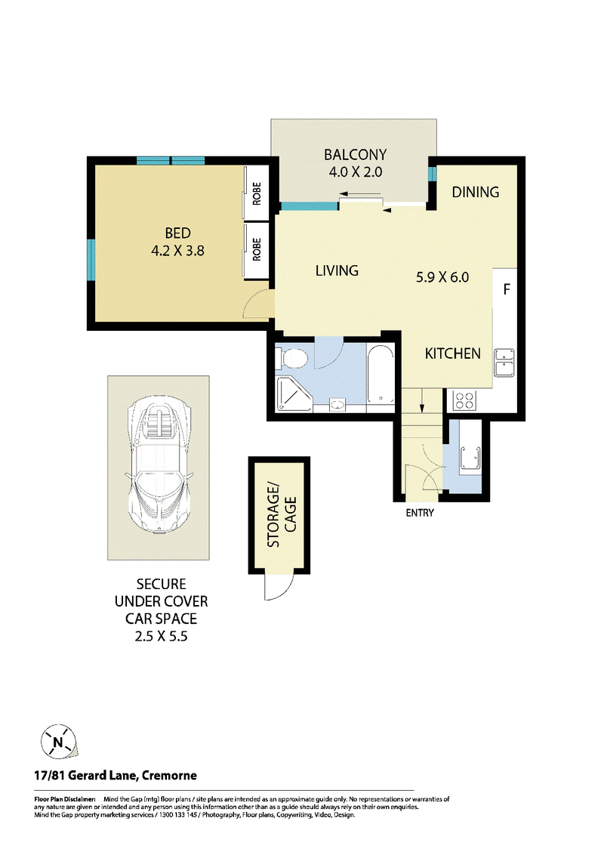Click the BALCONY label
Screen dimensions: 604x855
(x=355, y=154)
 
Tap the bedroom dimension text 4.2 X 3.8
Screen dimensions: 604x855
(x=177, y=251)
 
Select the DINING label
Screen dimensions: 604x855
(x=476, y=192)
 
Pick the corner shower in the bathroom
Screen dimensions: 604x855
(x=294, y=394)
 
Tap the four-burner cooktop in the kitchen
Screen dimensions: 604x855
(x=465, y=401)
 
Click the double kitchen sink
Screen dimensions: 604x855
(x=504, y=363)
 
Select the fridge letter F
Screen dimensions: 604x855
(x=507, y=289)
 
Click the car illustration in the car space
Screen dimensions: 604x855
(x=158, y=467)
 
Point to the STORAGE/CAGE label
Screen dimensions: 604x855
(x=282, y=515)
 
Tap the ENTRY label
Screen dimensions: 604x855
(x=420, y=513)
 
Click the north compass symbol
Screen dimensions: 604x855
(x=58, y=742)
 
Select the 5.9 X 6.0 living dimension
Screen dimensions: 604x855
(x=442, y=277)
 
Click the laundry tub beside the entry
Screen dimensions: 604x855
(x=470, y=458)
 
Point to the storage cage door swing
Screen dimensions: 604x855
(x=279, y=587)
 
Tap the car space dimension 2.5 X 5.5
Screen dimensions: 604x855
(x=162, y=636)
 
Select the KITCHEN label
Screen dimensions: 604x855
(x=452, y=353)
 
